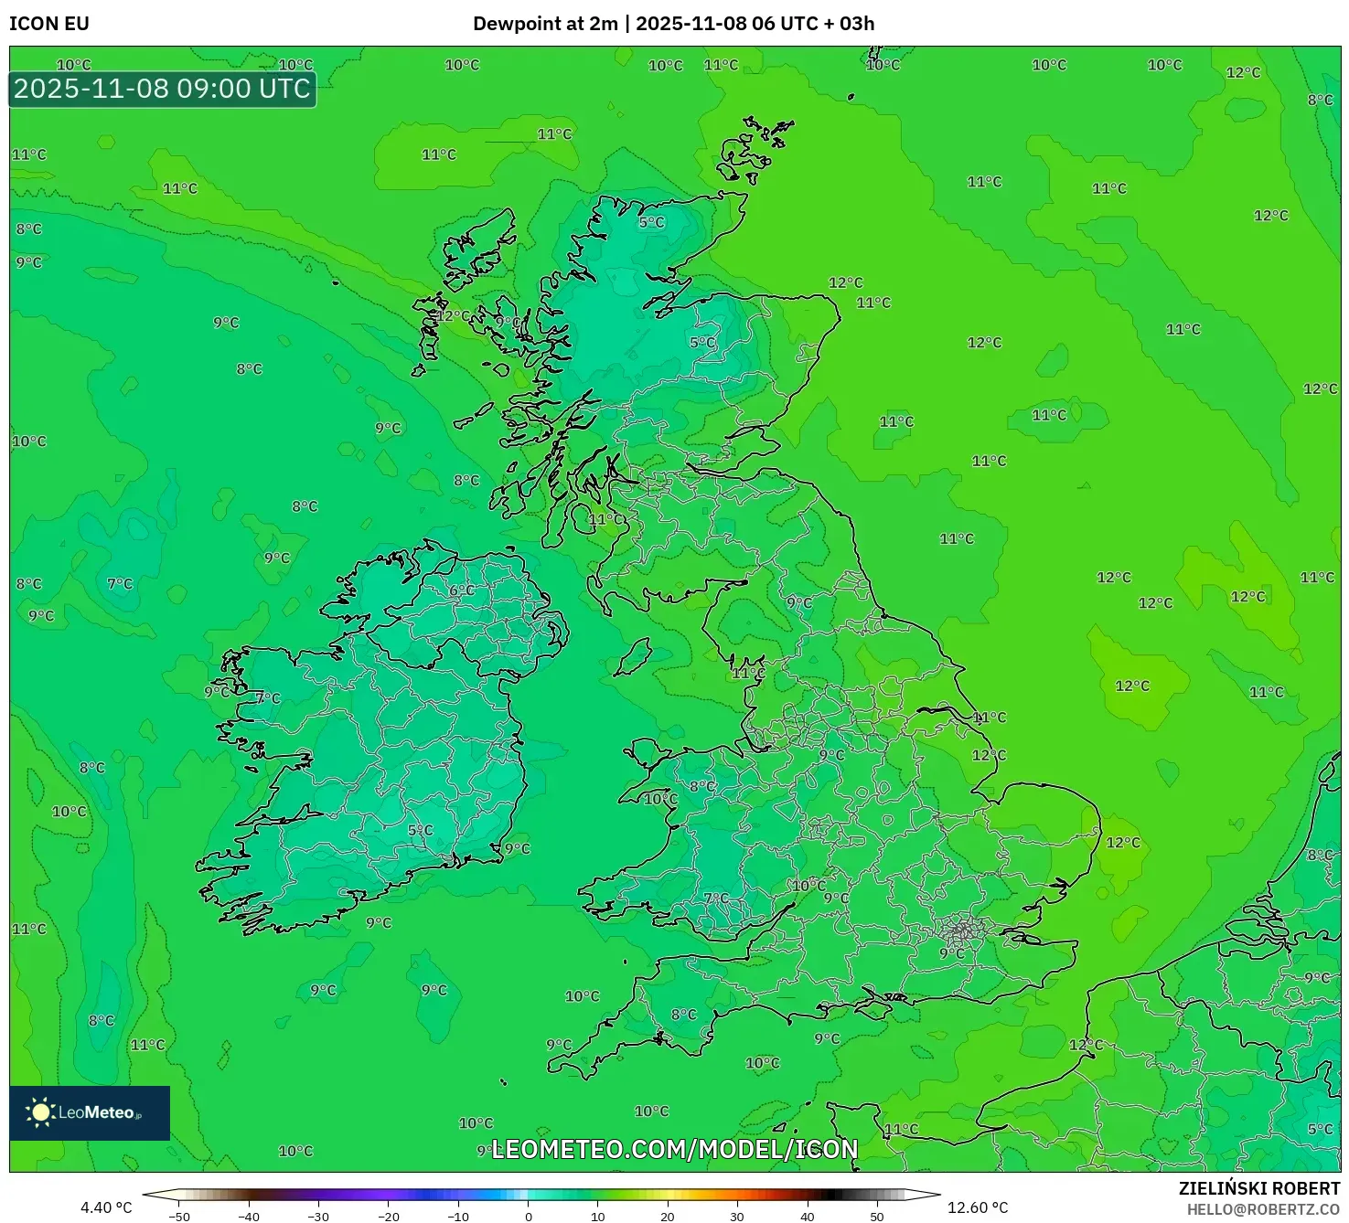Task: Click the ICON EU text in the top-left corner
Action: point(49,24)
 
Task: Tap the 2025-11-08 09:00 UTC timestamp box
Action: point(163,89)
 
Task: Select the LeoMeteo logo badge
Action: point(90,1112)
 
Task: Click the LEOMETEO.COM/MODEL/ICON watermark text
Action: point(675,1149)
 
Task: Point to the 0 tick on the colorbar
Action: point(529,1216)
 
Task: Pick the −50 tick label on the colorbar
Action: point(179,1217)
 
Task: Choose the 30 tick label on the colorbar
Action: point(737,1217)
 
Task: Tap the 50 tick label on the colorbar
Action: point(876,1217)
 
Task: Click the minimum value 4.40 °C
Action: point(106,1207)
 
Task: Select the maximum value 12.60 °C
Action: point(978,1207)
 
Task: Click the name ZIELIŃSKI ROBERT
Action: point(1259,1188)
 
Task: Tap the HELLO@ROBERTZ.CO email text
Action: point(1263,1209)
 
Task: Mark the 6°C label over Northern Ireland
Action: point(462,590)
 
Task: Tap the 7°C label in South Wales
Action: point(716,899)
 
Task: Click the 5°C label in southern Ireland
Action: point(421,830)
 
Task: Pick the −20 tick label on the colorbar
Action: point(389,1217)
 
